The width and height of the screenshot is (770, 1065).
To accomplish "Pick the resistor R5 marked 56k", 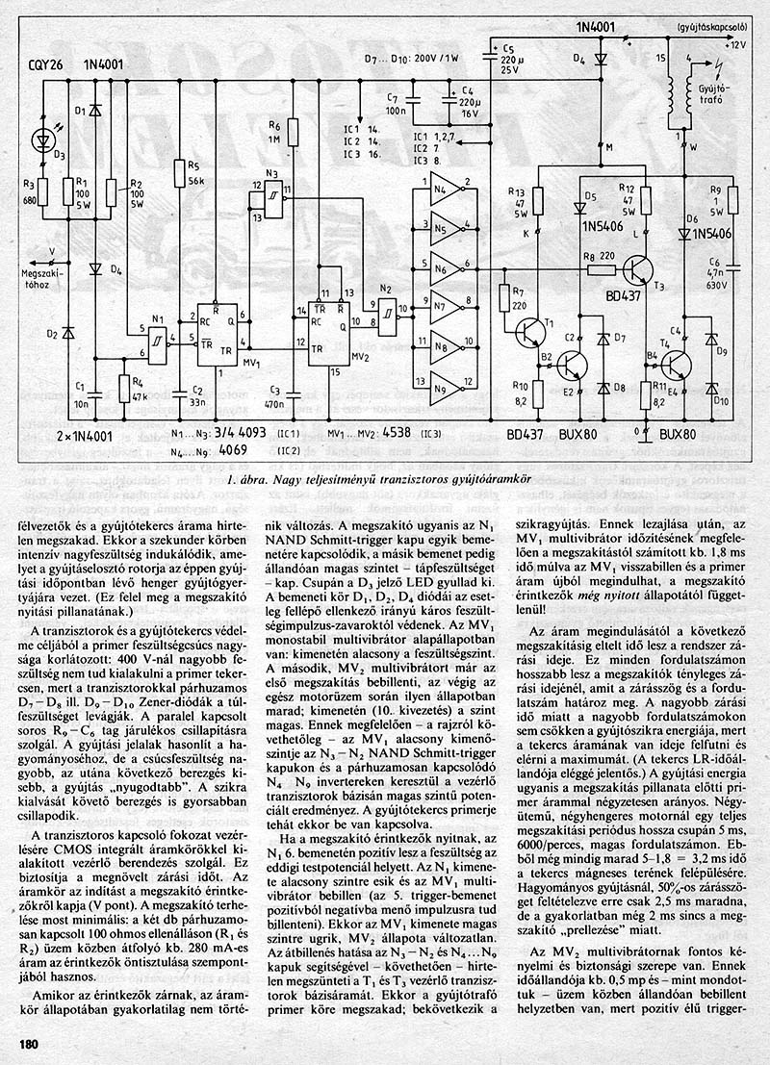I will tap(179, 173).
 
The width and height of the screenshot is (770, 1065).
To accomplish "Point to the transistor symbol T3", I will tap(639, 273).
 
